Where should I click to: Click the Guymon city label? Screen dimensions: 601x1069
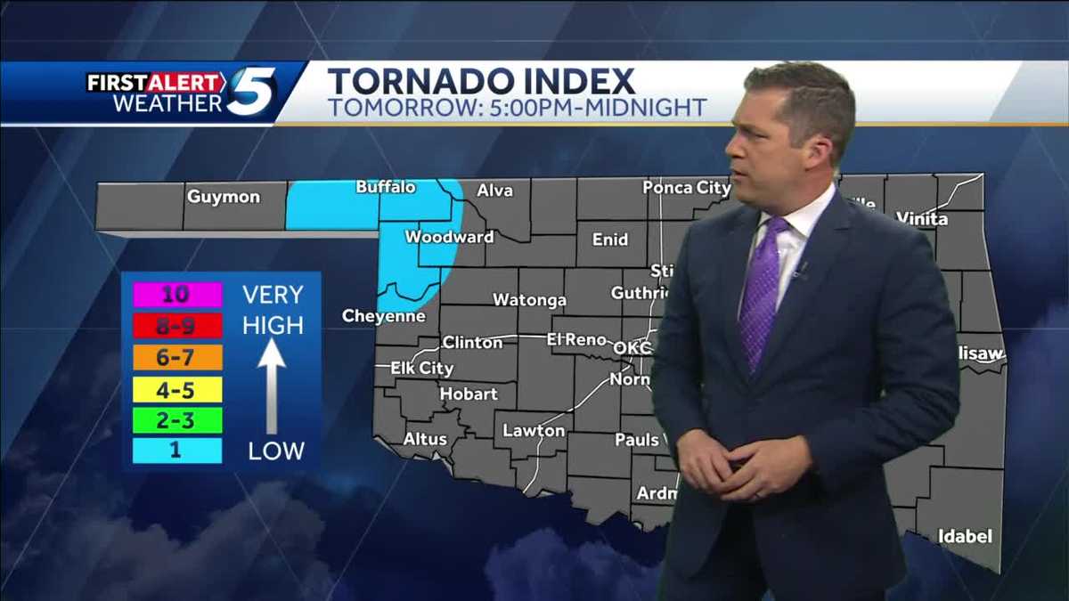coord(223,197)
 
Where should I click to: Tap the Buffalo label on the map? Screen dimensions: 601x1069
coord(386,187)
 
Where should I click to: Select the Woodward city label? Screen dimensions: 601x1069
coord(449,237)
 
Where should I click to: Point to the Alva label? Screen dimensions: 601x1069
coord(495,190)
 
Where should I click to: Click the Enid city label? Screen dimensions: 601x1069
coord(609,239)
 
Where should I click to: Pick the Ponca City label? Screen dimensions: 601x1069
coord(686,188)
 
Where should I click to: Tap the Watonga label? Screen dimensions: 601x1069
coord(529,300)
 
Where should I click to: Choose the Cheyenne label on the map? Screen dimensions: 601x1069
coord(383,316)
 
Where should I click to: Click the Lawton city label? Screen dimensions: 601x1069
coord(534,431)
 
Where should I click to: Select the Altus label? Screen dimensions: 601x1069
coord(425,438)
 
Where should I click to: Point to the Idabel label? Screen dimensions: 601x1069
coord(965,536)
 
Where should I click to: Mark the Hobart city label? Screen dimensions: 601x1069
coord(469,394)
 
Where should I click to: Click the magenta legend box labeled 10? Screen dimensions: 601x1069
coord(177,295)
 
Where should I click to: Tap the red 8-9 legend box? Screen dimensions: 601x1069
coord(177,326)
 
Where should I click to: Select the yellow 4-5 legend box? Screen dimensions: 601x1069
coord(177,389)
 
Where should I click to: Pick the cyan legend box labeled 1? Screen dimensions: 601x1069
coord(177,451)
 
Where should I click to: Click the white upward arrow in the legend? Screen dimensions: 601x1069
coord(272,383)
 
